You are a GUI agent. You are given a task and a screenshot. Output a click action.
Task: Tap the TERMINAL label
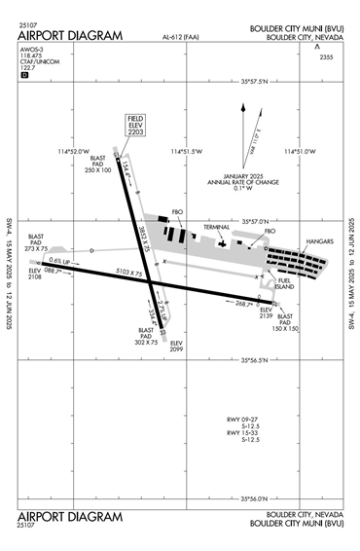coord(217,227)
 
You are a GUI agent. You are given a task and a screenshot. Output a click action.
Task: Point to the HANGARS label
coord(318,239)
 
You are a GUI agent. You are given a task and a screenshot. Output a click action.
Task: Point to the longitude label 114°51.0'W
coord(301,151)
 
